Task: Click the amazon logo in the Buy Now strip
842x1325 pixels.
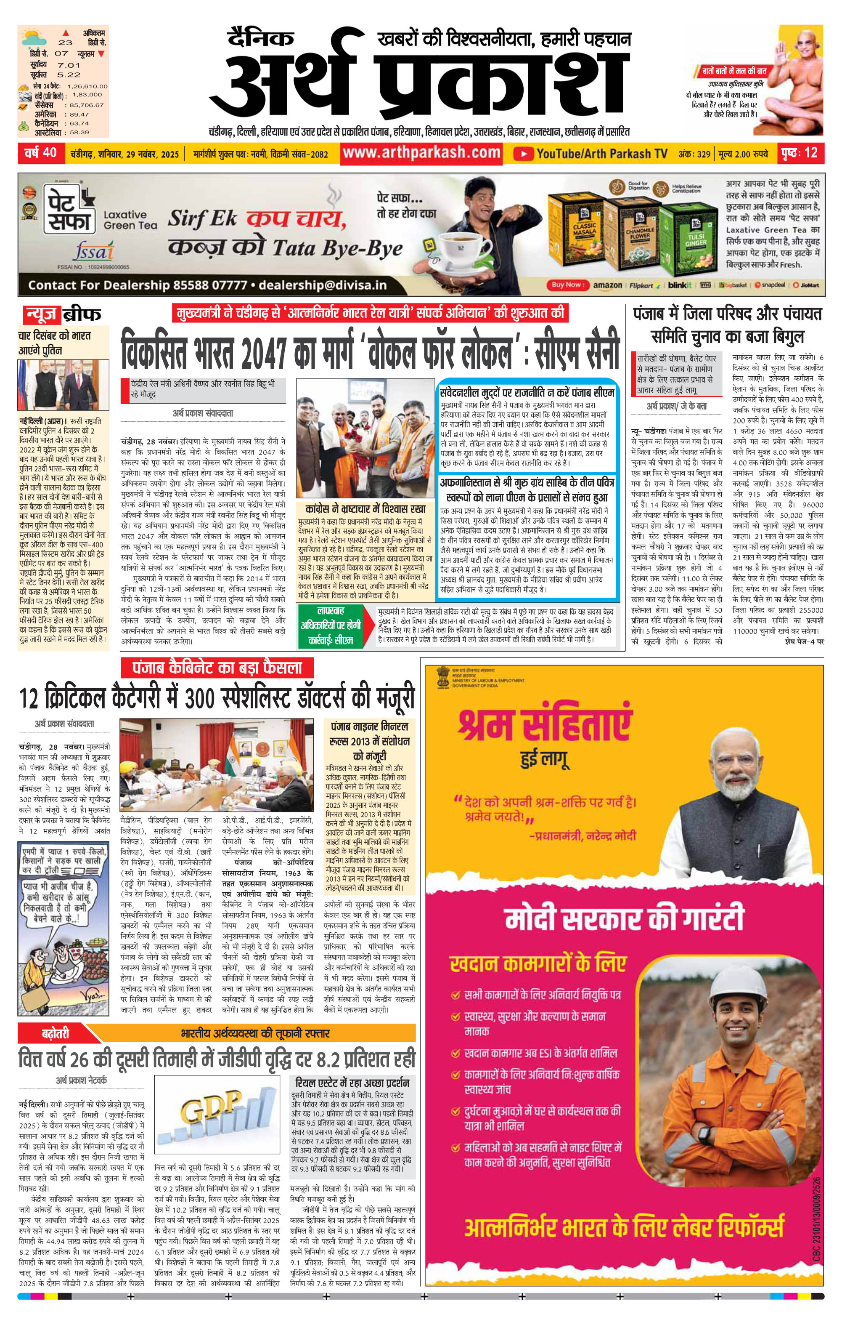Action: [607, 285]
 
